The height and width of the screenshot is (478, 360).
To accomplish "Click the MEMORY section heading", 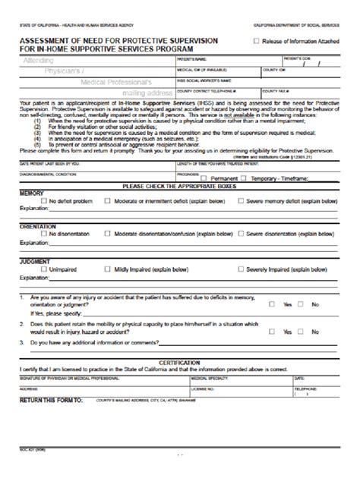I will pyautogui.click(x=31, y=193).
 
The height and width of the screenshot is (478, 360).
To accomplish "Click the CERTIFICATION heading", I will pyautogui.click(x=179, y=363).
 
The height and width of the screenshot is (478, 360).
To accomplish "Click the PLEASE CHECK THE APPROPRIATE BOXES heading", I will pyautogui.click(x=178, y=186).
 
